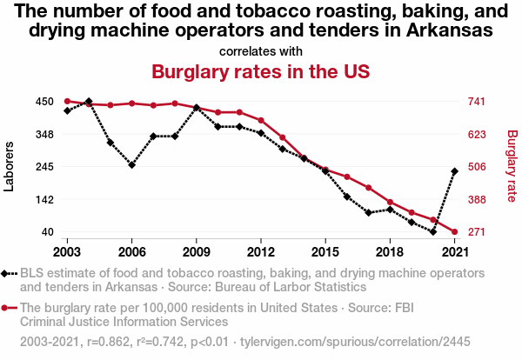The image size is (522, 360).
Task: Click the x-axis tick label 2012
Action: (x=261, y=251)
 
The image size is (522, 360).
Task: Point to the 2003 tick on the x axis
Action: (x=67, y=251)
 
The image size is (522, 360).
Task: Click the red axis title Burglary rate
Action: (x=512, y=167)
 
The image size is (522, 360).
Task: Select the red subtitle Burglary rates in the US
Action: (x=261, y=71)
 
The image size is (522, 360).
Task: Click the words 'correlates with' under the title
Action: (x=261, y=50)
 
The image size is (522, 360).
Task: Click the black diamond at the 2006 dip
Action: (x=131, y=164)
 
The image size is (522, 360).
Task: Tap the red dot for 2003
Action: (x=67, y=102)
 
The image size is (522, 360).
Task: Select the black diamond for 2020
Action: (x=433, y=232)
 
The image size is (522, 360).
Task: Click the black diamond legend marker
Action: (x=10, y=273)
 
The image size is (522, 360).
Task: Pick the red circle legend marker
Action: (x=10, y=308)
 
